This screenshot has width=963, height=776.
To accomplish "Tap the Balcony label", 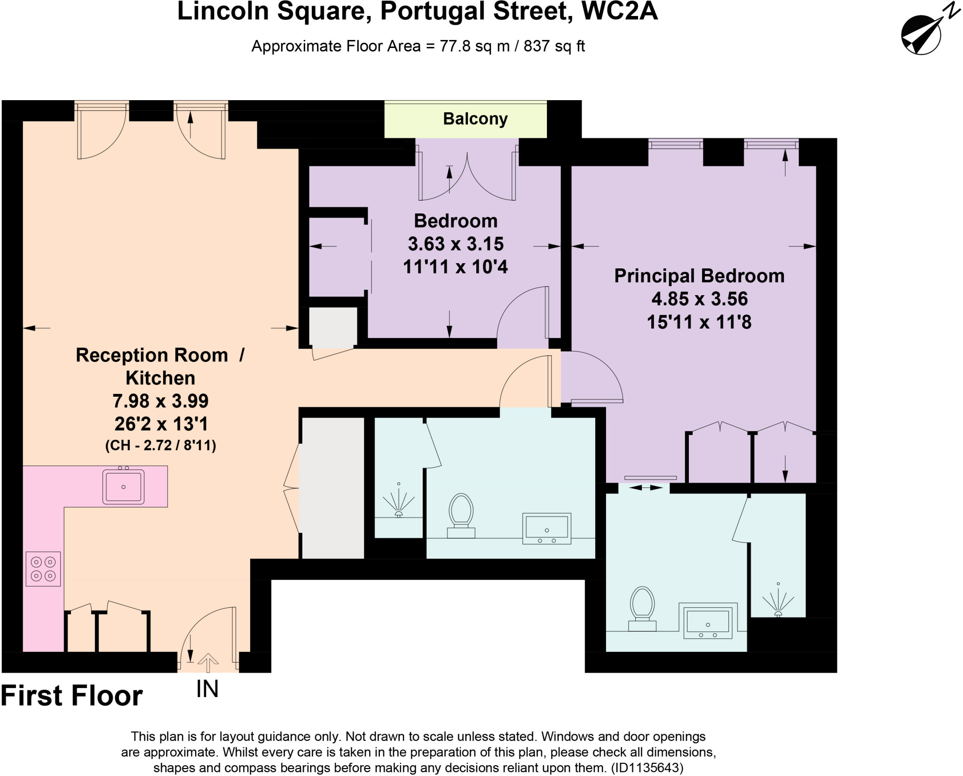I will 475,119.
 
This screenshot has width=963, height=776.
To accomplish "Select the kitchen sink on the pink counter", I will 124,487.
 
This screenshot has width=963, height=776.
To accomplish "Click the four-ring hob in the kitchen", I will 43,569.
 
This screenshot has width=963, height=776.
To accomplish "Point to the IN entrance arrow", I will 208,664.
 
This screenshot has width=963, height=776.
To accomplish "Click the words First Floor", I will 72,696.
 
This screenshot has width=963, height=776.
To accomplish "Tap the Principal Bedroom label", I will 699,276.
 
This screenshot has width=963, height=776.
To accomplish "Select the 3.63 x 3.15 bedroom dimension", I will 455,244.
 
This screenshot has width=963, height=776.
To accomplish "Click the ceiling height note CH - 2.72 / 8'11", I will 160,445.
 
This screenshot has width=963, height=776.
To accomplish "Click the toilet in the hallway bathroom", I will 461,514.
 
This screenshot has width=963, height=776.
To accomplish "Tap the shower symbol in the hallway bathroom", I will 399,502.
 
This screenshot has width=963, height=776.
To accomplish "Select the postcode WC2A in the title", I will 619,11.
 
